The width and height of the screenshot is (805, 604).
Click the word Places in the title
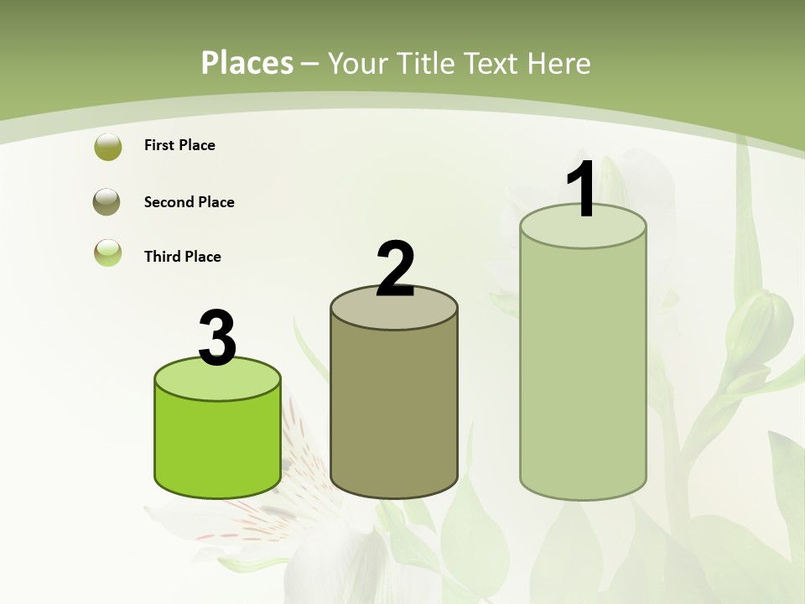tap(247, 63)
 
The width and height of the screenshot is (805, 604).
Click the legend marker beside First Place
tap(107, 147)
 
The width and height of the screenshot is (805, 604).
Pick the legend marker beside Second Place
tap(106, 202)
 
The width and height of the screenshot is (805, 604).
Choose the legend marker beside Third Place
tap(107, 253)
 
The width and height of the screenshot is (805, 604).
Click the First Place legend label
tap(179, 145)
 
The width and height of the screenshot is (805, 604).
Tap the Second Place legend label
tap(189, 202)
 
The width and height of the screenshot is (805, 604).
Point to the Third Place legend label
tap(182, 257)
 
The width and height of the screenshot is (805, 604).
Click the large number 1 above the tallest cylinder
tap(581, 189)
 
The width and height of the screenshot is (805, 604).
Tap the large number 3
tap(217, 338)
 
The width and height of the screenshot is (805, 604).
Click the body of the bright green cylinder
tap(217, 445)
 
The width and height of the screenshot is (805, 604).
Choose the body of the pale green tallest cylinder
tap(583, 369)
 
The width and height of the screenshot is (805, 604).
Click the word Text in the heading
tap(497, 63)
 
